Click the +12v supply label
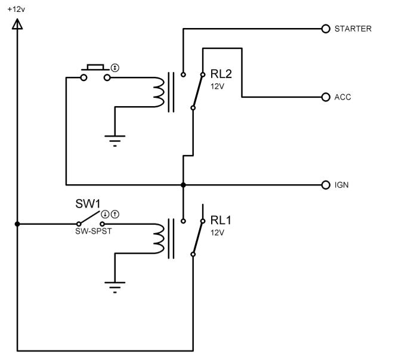[16, 10]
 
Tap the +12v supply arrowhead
[17, 24]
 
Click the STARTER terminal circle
[326, 29]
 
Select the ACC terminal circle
[326, 97]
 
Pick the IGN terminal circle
[326, 185]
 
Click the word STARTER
[353, 29]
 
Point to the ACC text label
[342, 97]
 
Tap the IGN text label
[341, 185]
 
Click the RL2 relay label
[221, 74]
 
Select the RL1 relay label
[221, 221]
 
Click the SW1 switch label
[88, 204]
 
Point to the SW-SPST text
[94, 231]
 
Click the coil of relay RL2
[159, 92]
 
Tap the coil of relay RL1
[159, 238]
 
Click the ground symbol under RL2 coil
[115, 141]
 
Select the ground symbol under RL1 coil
[115, 287]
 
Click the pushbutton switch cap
[95, 67]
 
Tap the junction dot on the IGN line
[183, 185]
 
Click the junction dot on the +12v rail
[17, 224]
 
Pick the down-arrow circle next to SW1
[105, 214]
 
